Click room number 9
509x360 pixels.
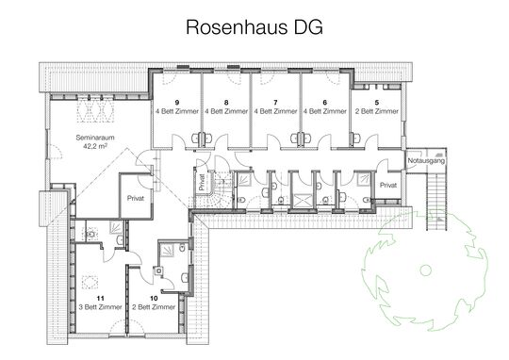click(176, 101)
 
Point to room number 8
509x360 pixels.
click(225, 101)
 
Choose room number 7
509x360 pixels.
click(274, 101)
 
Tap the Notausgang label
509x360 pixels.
click(425, 162)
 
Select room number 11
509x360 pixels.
click(97, 297)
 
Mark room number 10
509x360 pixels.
click(153, 297)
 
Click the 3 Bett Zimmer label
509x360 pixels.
click(97, 307)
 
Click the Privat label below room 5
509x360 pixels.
click(387, 187)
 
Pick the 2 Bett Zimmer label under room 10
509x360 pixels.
click(153, 307)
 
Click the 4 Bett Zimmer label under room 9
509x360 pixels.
click(176, 111)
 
